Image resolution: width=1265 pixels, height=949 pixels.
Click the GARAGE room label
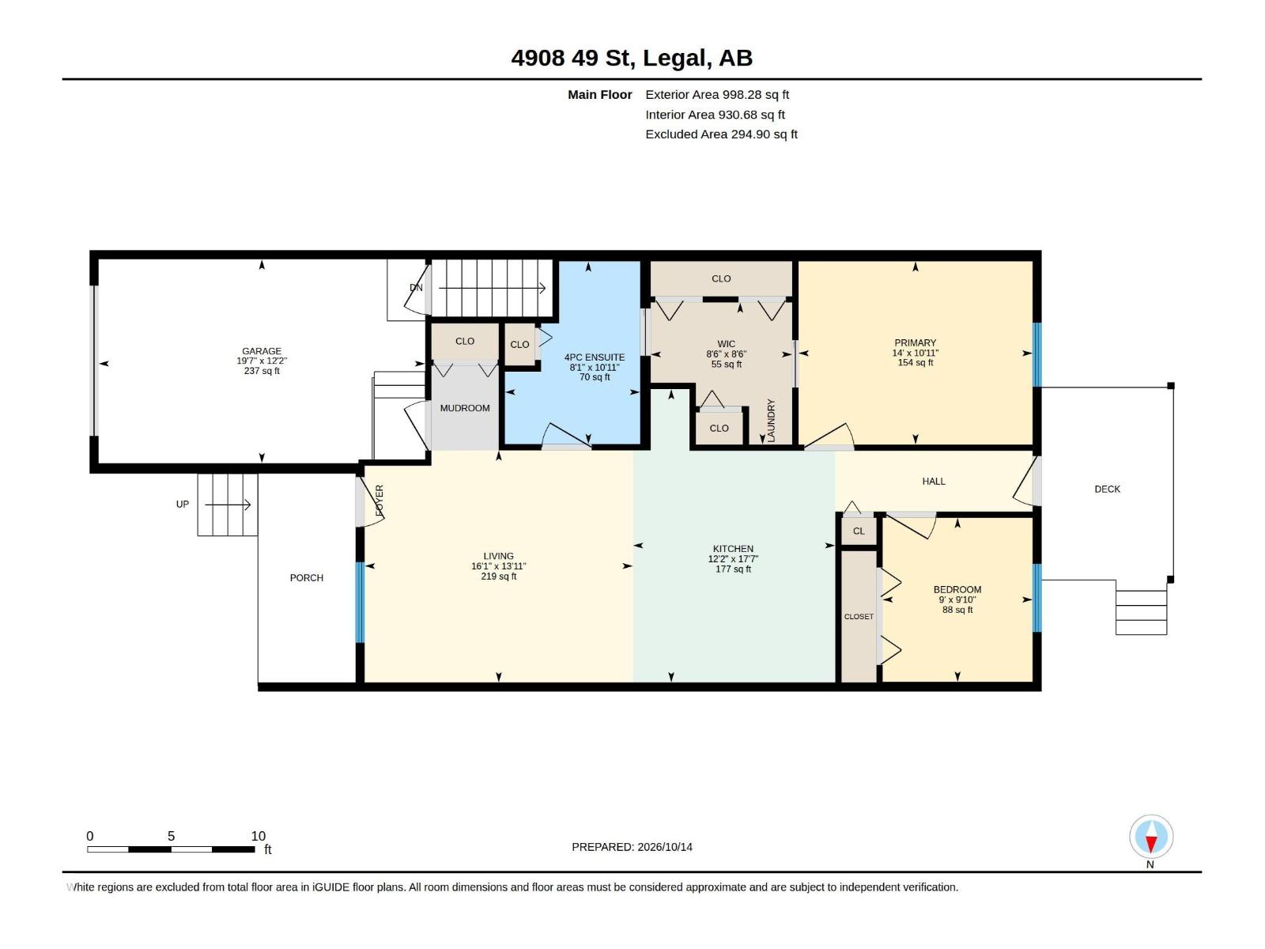pyautogui.click(x=262, y=351)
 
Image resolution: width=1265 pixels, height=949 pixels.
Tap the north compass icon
pyautogui.click(x=1151, y=836)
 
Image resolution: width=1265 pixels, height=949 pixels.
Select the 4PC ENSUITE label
pyautogui.click(x=595, y=357)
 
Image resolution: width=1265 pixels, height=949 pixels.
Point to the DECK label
pyautogui.click(x=1107, y=490)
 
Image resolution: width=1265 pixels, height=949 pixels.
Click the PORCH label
pyautogui.click(x=307, y=578)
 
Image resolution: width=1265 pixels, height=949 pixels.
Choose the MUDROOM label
pyautogui.click(x=465, y=408)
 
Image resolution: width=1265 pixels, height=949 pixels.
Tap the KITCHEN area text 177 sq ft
pyautogui.click(x=733, y=569)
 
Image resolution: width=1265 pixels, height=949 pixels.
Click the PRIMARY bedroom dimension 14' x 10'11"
pyautogui.click(x=916, y=353)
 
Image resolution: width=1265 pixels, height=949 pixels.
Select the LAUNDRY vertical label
pyautogui.click(x=772, y=421)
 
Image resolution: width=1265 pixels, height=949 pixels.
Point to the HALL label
pyautogui.click(x=934, y=481)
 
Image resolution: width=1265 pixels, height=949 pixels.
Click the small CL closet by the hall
pyautogui.click(x=859, y=531)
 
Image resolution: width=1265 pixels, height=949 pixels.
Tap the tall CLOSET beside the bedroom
pyautogui.click(x=859, y=617)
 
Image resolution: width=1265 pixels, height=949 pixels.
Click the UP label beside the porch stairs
pyautogui.click(x=182, y=505)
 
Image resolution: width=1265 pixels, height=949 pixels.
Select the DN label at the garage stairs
pyautogui.click(x=416, y=288)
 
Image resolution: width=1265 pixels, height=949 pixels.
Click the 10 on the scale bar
pyautogui.click(x=259, y=836)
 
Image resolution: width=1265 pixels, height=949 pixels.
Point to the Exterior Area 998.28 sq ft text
pyautogui.click(x=717, y=94)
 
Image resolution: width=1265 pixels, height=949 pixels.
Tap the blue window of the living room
pyautogui.click(x=361, y=602)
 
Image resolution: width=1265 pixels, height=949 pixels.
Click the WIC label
pyautogui.click(x=726, y=344)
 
